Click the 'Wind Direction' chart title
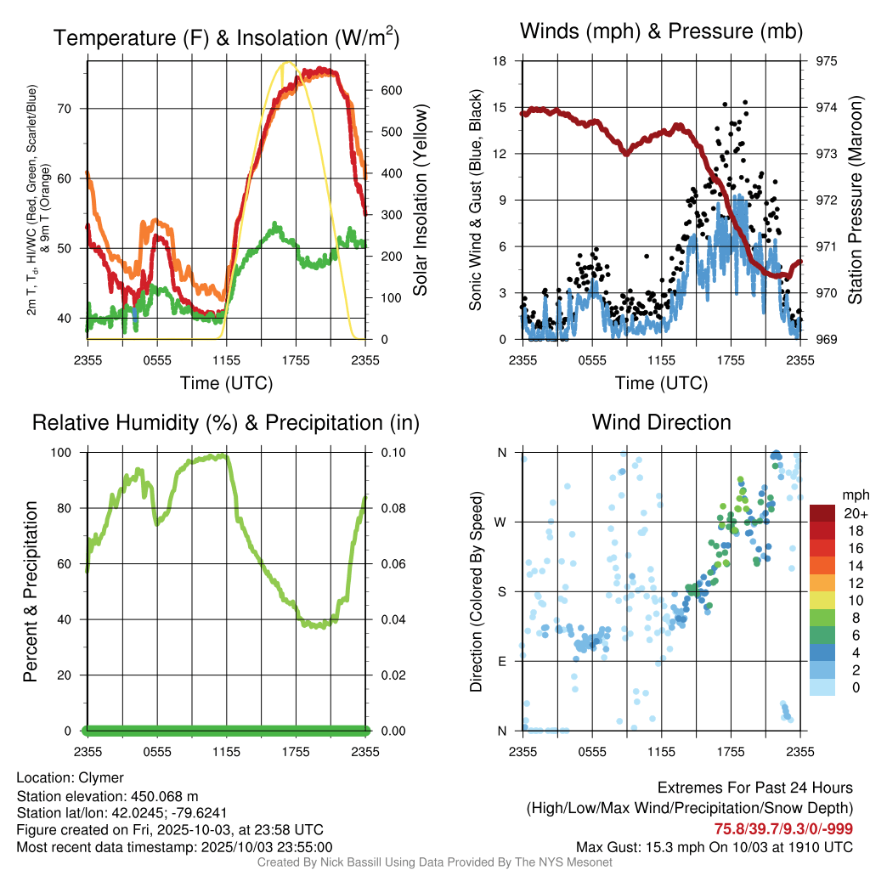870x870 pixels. [x=661, y=422]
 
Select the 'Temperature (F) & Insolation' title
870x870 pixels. [x=226, y=38]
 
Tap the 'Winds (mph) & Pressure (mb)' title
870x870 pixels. [x=661, y=32]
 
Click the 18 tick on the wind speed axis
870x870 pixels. [x=500, y=61]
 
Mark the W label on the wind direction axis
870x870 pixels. [x=501, y=522]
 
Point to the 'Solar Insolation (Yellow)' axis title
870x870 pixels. [x=420, y=201]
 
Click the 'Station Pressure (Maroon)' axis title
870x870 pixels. [x=855, y=201]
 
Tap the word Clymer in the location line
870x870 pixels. [x=101, y=777]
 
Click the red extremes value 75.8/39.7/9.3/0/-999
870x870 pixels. [x=783, y=829]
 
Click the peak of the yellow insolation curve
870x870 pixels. [x=288, y=62]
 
